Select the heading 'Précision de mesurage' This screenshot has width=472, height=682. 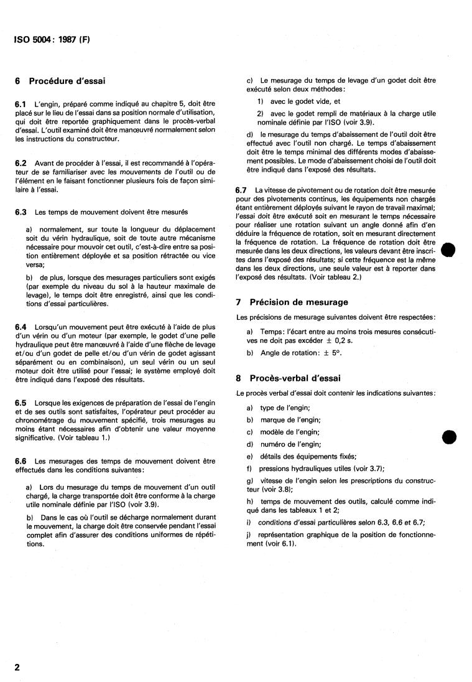coord(298,302)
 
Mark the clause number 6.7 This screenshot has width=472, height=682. coord(242,189)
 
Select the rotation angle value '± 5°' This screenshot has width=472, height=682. coord(310,353)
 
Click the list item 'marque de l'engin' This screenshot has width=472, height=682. coord(285,420)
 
